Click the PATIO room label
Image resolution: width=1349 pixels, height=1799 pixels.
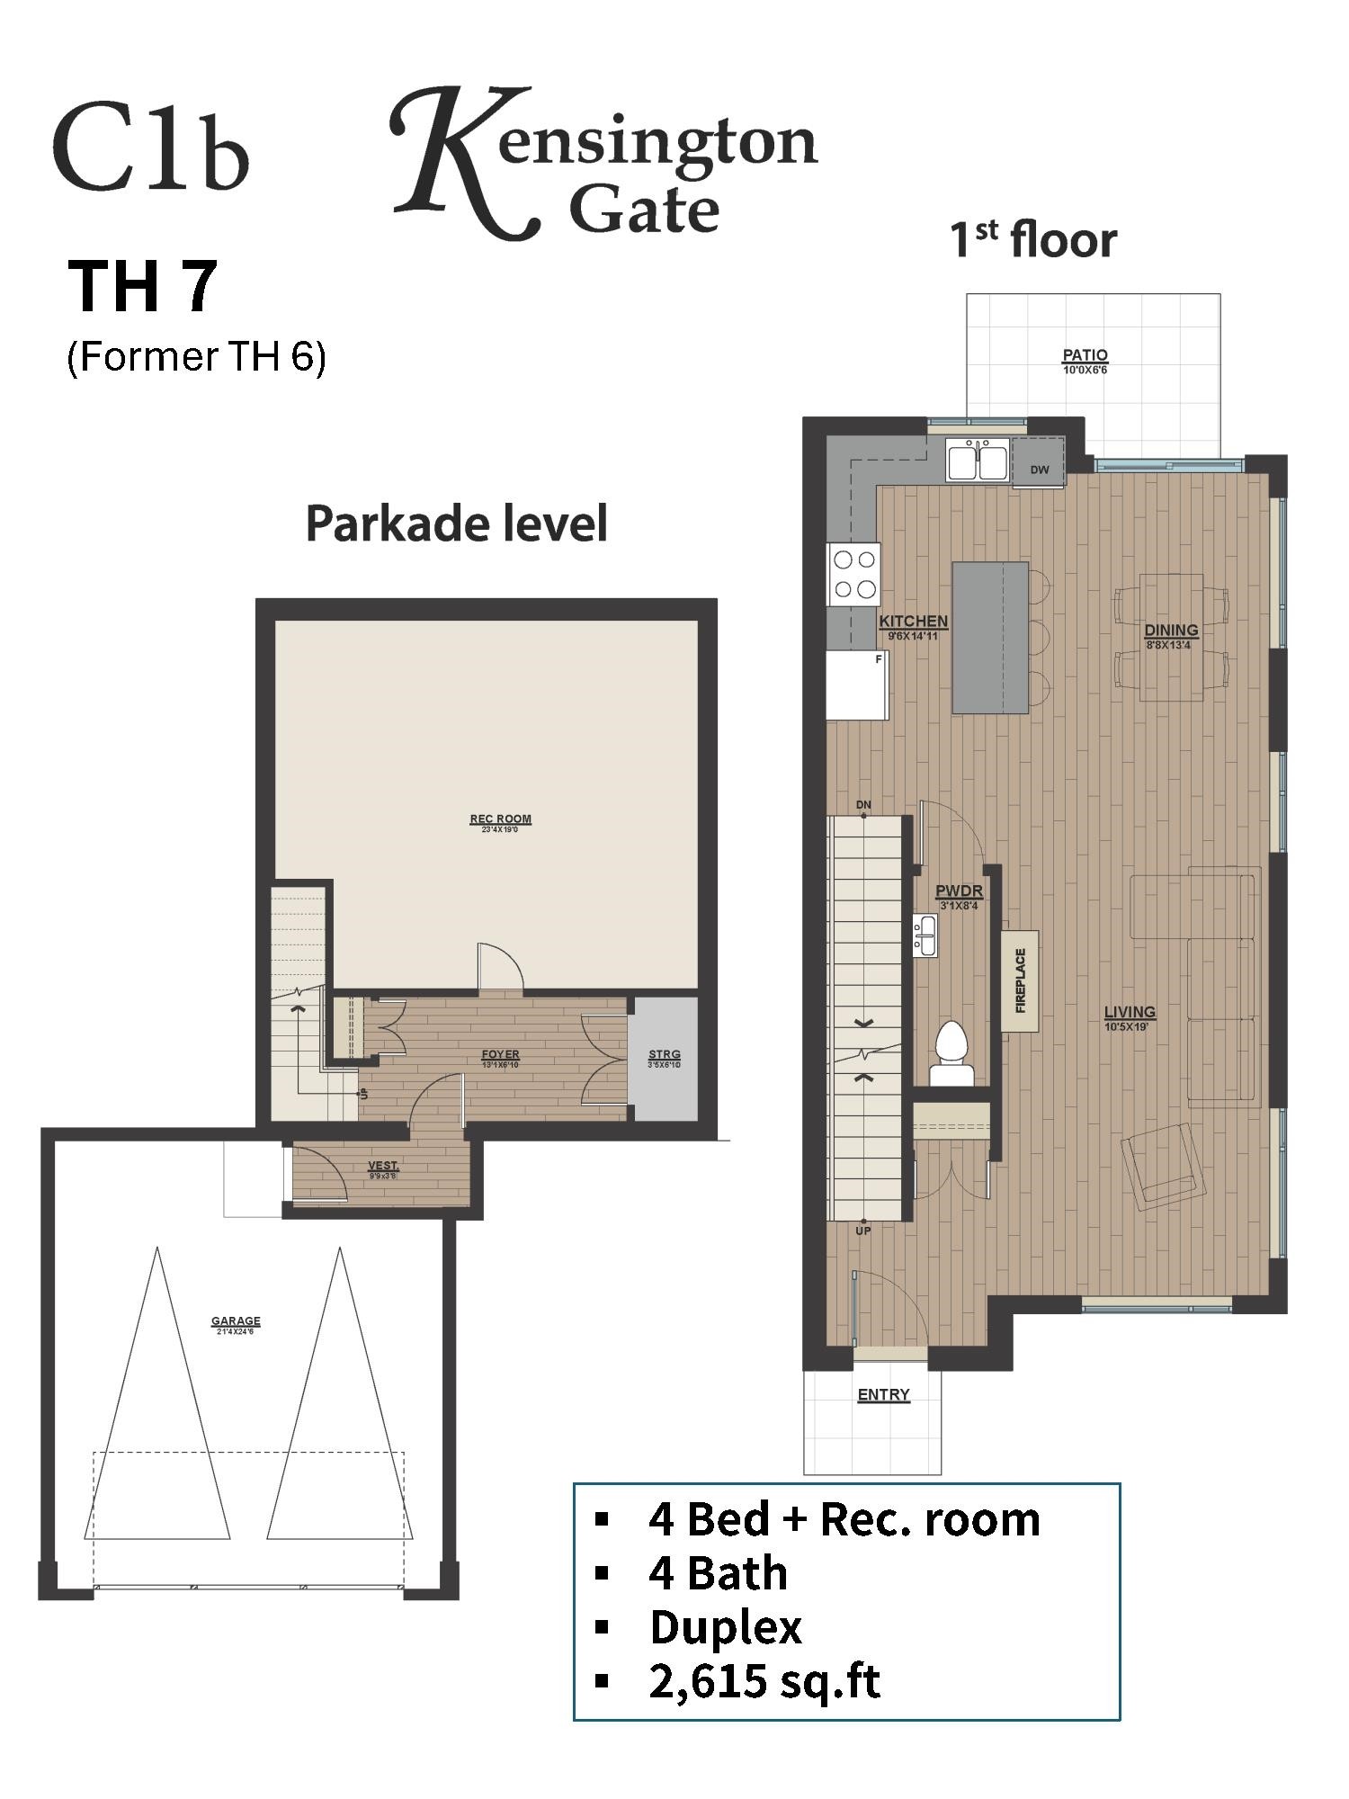tap(1085, 355)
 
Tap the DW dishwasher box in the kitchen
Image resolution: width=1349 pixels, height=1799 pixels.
tap(1039, 469)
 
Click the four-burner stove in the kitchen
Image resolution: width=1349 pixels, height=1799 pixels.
tap(853, 574)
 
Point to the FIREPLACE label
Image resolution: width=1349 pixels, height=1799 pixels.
tap(1021, 980)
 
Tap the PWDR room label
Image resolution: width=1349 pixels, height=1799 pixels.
tap(959, 891)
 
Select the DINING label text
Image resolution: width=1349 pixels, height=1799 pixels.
tap(1170, 631)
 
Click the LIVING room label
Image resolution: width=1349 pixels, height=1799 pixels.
tap(1130, 1012)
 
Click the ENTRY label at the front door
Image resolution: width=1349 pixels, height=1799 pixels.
tap(883, 1394)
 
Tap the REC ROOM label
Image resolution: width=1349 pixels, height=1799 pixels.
tap(500, 819)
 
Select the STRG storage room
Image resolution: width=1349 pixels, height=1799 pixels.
tap(664, 1058)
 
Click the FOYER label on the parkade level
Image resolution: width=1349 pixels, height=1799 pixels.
tap(500, 1054)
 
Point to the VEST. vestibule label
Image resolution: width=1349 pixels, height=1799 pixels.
tap(382, 1166)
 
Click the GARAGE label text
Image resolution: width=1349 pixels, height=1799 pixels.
tap(236, 1321)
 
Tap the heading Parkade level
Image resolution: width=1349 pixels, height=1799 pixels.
tap(457, 524)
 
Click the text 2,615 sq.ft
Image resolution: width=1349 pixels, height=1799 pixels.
tap(764, 1681)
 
